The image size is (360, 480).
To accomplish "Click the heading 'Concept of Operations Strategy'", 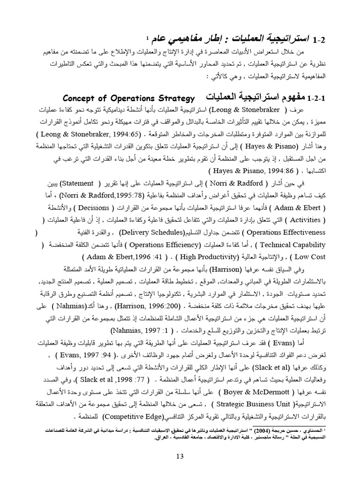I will point(128,98).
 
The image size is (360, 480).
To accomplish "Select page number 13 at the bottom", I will point(180,456).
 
